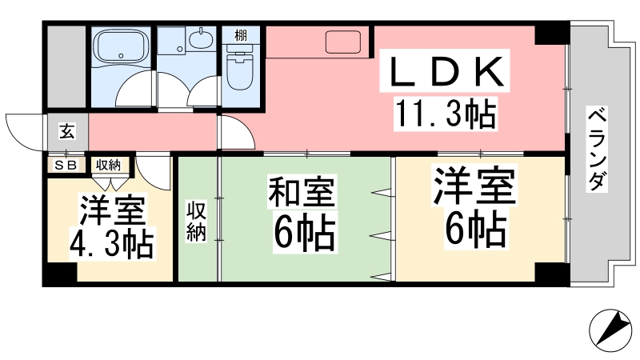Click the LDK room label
(x=445, y=71)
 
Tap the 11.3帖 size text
(x=446, y=114)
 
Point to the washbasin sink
(x=201, y=39)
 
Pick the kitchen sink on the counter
(x=343, y=42)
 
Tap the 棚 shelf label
(x=241, y=35)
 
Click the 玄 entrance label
(x=67, y=131)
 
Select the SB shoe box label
(x=66, y=166)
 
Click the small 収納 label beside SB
(x=108, y=166)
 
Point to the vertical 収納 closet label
(x=197, y=221)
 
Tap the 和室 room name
(x=302, y=191)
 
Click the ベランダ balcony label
(x=598, y=149)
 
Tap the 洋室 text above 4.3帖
(x=113, y=211)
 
